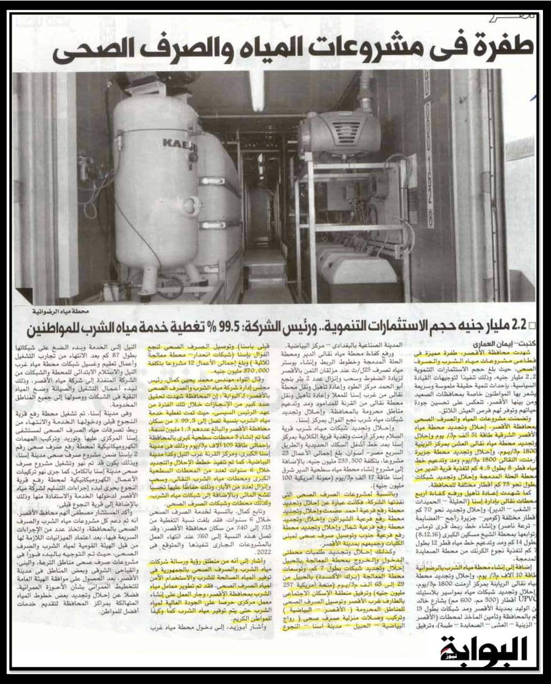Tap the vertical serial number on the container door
click(x=431, y=160)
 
